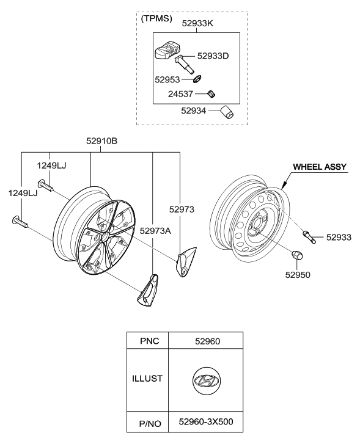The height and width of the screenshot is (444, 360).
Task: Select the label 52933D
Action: (x=212, y=56)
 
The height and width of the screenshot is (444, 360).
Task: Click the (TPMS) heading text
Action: (x=157, y=19)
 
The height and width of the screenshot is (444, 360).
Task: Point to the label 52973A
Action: (x=155, y=230)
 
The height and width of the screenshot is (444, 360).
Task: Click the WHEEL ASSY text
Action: (x=320, y=166)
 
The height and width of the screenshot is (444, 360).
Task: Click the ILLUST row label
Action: (x=147, y=379)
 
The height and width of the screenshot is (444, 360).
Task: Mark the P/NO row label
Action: (x=147, y=421)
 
